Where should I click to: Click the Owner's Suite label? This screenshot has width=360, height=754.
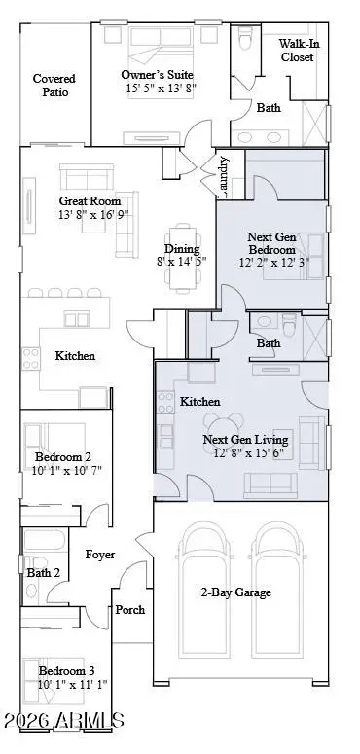(x=158, y=74)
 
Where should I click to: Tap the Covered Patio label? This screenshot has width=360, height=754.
(x=54, y=87)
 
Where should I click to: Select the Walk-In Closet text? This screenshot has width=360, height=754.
(x=299, y=51)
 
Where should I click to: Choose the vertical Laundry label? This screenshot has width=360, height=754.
(x=224, y=177)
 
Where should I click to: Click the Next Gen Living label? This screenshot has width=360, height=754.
(x=241, y=440)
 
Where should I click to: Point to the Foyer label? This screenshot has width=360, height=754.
(x=100, y=555)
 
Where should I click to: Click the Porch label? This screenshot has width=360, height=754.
(x=130, y=610)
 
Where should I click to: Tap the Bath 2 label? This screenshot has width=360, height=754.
(x=44, y=573)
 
